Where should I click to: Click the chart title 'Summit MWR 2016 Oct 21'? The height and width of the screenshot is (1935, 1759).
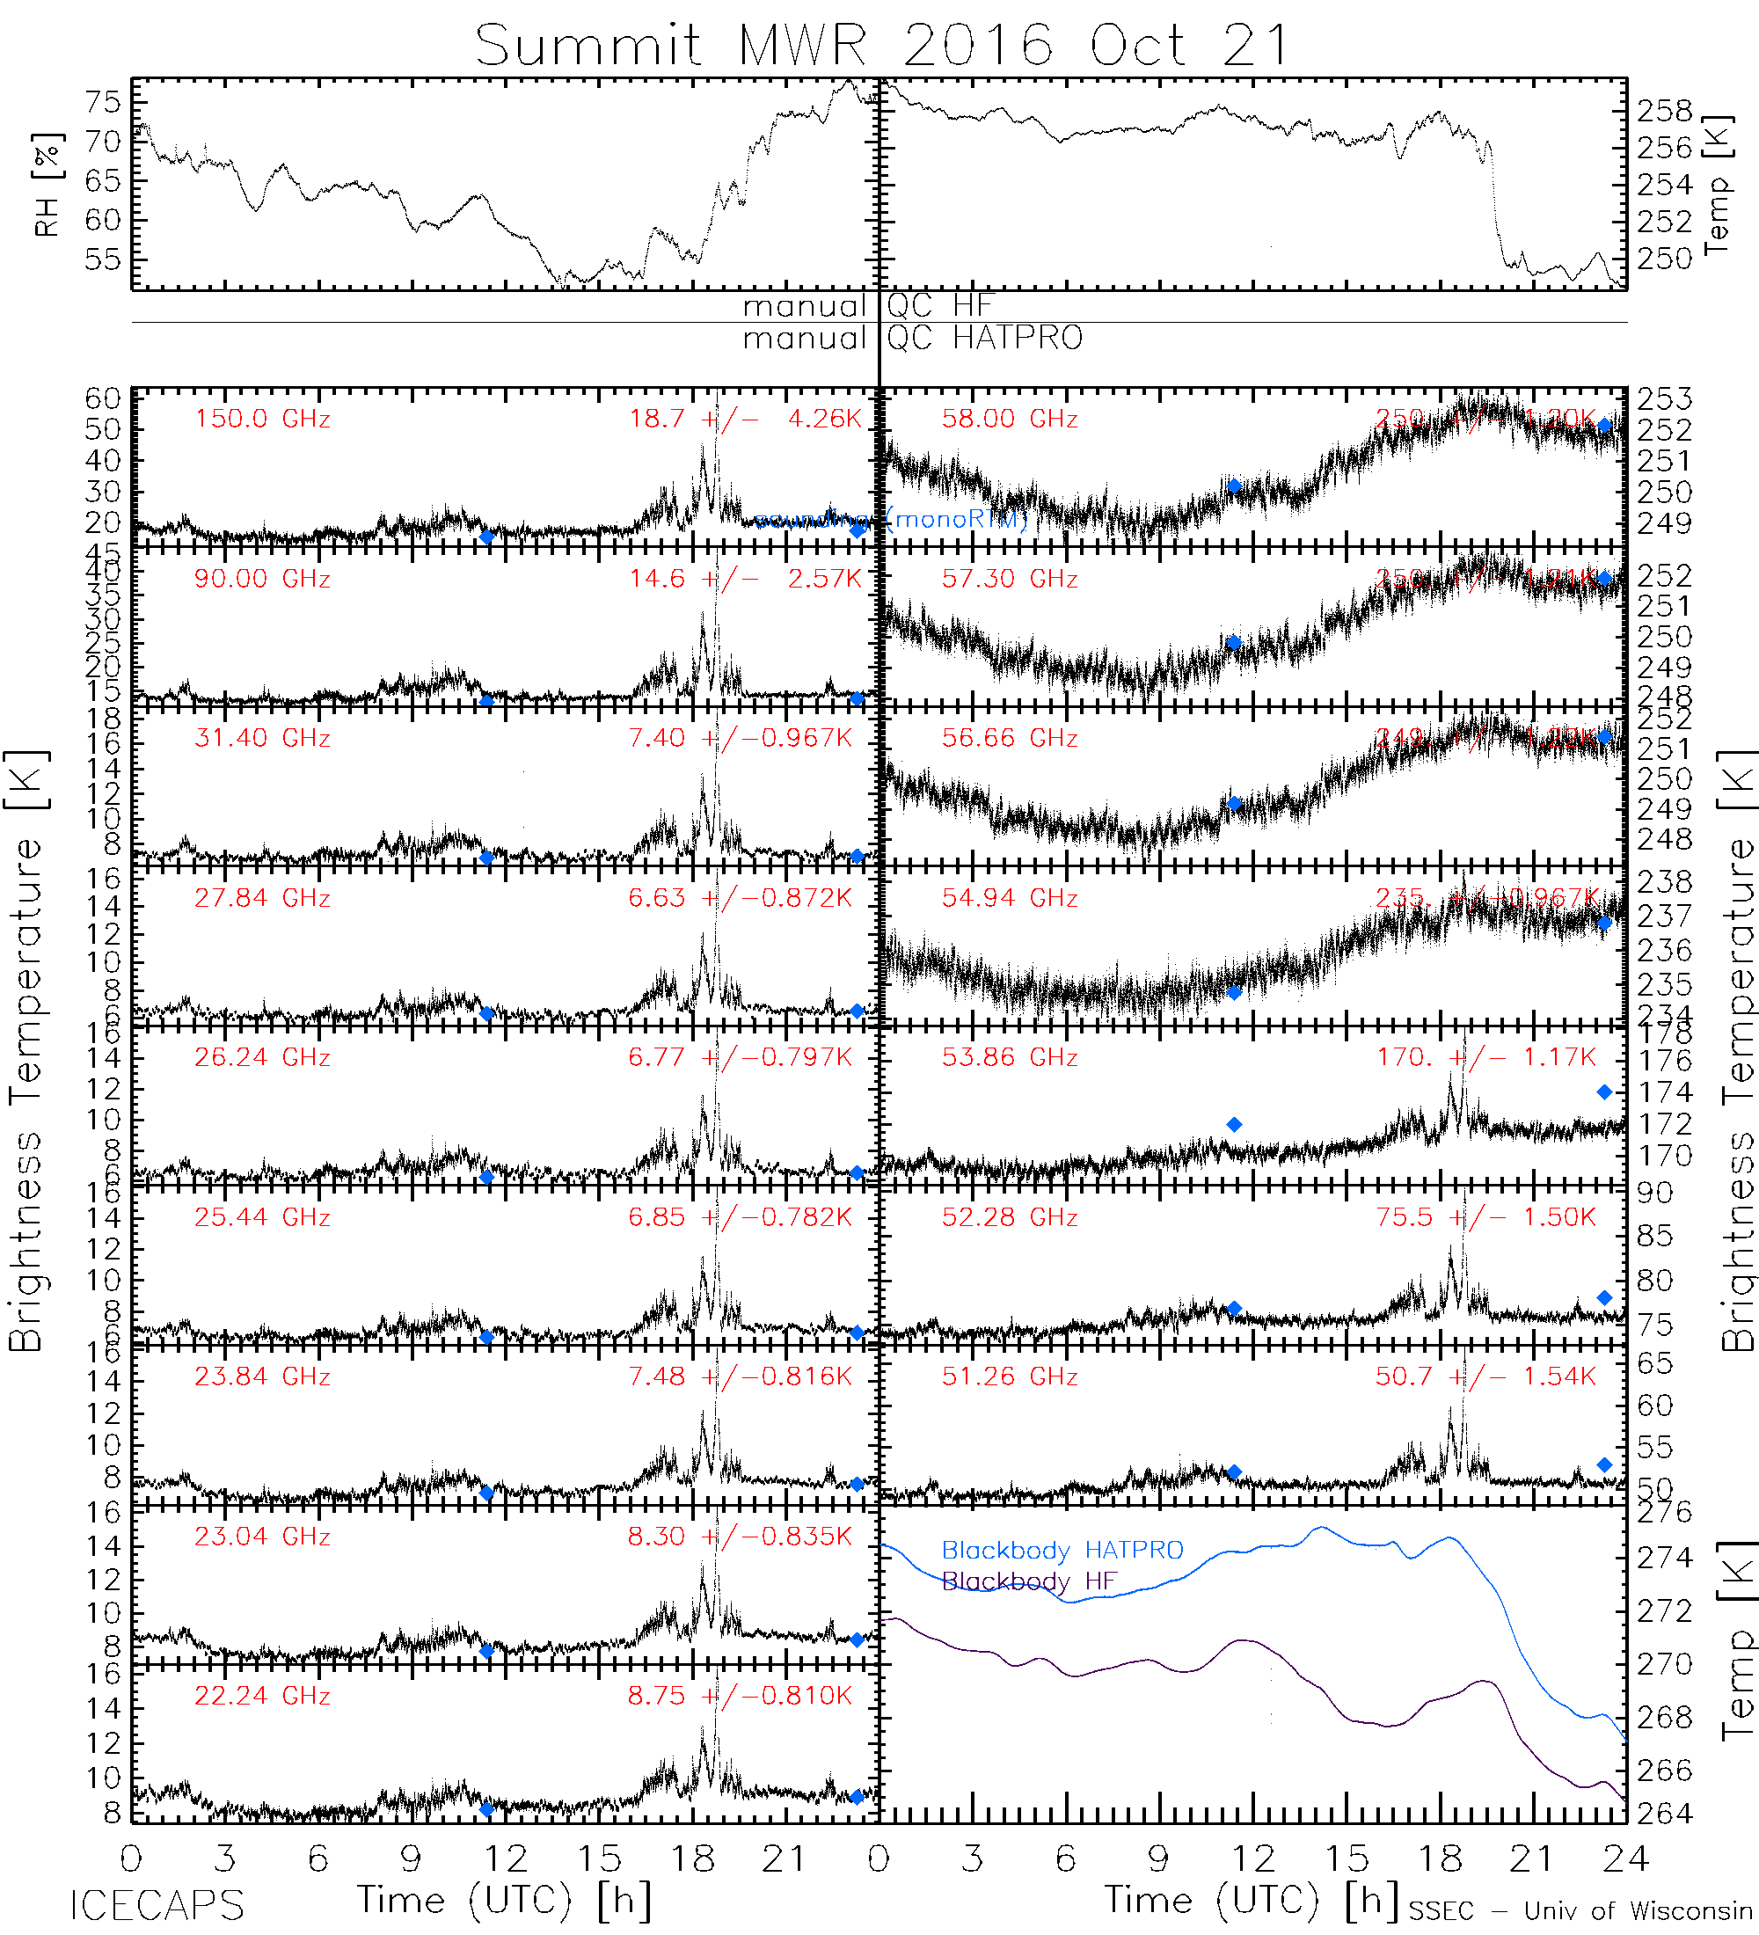(881, 45)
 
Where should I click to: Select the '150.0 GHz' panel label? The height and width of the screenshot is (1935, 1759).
(262, 420)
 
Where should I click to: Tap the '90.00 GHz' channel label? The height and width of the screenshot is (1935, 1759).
(262, 579)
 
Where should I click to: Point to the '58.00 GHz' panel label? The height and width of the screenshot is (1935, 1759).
(1010, 420)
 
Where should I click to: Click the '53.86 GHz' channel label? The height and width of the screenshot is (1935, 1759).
(1010, 1058)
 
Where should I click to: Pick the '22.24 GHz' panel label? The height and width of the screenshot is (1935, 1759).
(262, 1696)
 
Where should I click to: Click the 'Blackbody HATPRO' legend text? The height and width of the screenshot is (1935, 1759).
(1062, 1550)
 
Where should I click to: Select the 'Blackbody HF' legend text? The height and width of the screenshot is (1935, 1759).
(1029, 1581)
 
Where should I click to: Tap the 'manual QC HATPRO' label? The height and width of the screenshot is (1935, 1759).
(913, 339)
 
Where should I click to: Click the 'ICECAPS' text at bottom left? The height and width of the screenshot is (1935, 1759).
(157, 1906)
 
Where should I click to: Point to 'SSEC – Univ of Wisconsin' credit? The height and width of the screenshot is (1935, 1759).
(1580, 1911)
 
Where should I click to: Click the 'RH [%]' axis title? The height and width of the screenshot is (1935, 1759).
(47, 185)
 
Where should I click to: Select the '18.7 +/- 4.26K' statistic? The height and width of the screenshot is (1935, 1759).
(745, 420)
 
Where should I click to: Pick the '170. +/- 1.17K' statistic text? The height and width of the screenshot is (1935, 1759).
(1486, 1058)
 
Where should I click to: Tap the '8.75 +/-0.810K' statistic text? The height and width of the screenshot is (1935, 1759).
(739, 1696)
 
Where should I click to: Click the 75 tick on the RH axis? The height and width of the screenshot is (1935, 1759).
(104, 102)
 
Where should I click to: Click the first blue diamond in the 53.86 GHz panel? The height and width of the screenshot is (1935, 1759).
(1234, 1124)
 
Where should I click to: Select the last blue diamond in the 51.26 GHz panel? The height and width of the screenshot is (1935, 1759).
(1604, 1464)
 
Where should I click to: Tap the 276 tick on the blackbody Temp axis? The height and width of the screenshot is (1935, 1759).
(1665, 1514)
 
